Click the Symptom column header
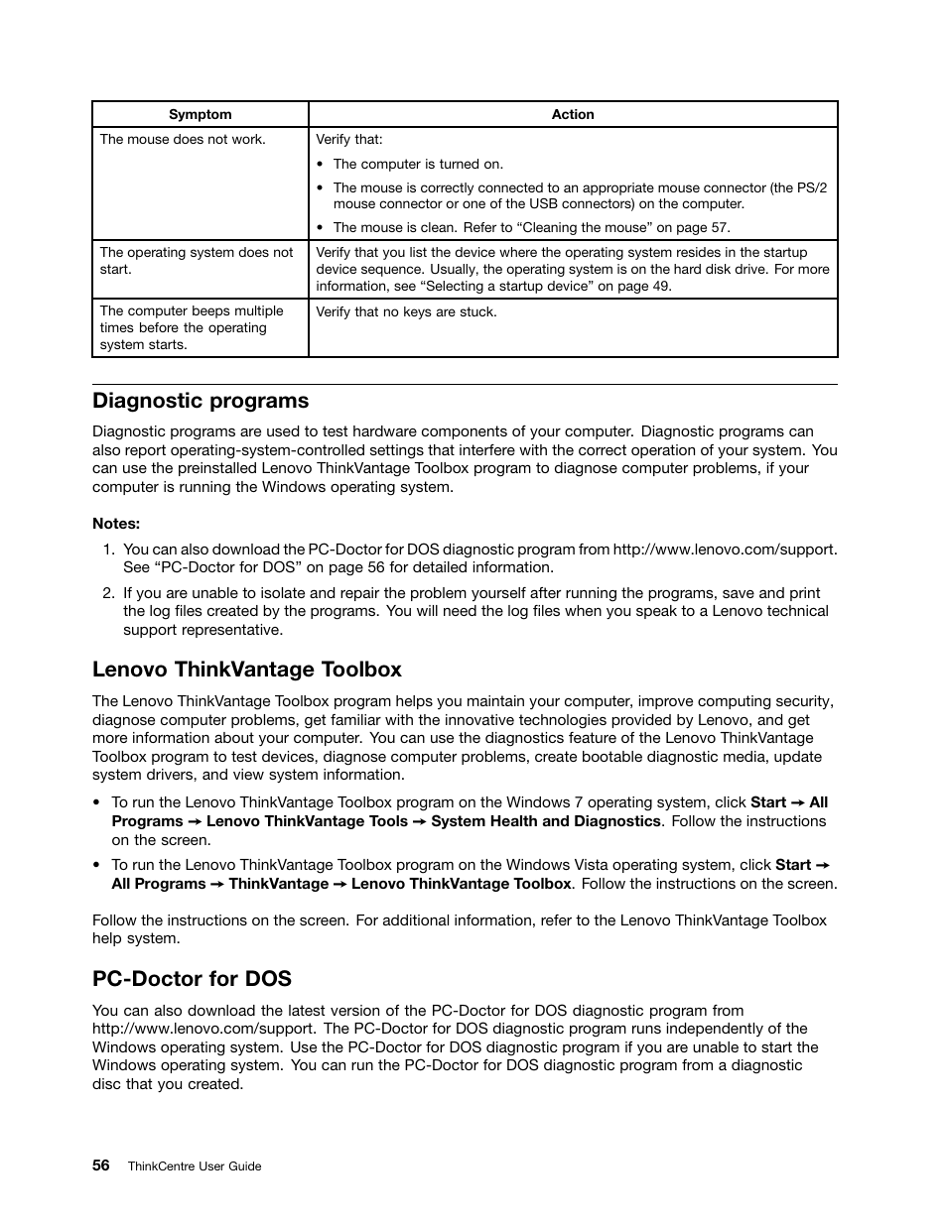[200, 114]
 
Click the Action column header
[573, 114]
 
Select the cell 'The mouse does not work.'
[183, 139]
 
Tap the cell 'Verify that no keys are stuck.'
[406, 311]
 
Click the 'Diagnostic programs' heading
[201, 401]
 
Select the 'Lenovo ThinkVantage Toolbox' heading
[247, 670]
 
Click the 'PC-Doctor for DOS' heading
[192, 979]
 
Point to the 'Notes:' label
[116, 524]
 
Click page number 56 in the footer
[101, 1165]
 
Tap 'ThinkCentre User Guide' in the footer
[195, 1166]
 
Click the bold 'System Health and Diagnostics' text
[545, 821]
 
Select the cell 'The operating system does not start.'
[197, 260]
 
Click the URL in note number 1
[724, 549]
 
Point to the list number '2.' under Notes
[109, 593]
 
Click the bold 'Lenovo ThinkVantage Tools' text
[307, 821]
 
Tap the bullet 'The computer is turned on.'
[418, 164]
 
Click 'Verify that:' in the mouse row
[349, 139]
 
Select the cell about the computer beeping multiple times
[192, 327]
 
